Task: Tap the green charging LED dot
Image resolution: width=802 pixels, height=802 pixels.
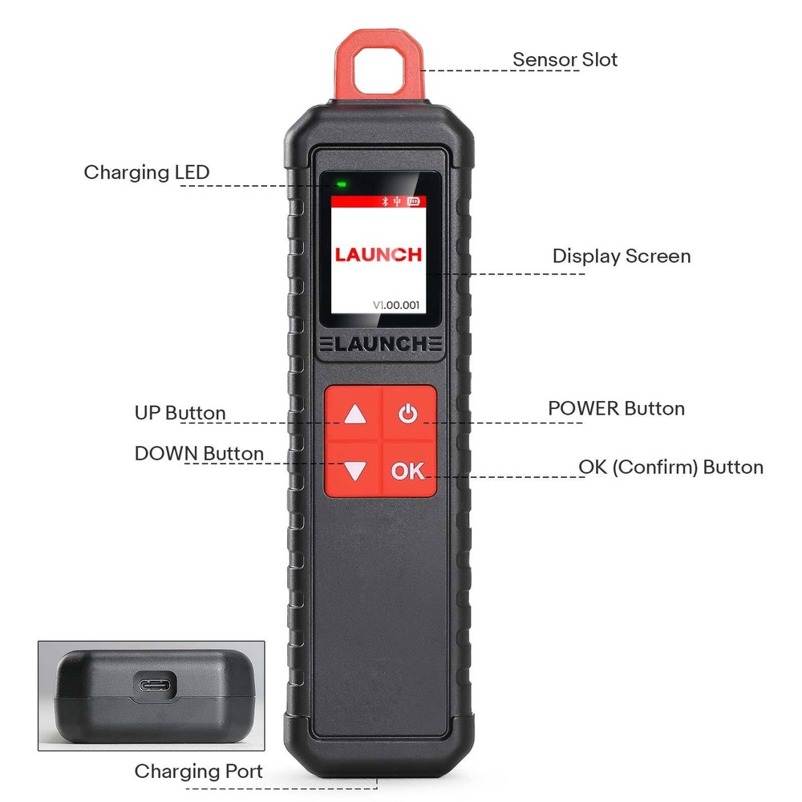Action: click(x=342, y=184)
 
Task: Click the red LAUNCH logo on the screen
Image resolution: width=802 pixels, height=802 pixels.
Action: click(x=378, y=255)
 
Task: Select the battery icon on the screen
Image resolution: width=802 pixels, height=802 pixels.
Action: click(x=413, y=202)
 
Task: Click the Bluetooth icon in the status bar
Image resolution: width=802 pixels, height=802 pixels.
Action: click(x=384, y=202)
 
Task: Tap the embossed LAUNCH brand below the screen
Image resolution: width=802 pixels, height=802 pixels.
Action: click(x=380, y=345)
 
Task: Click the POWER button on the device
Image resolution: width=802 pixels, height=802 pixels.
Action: click(x=409, y=415)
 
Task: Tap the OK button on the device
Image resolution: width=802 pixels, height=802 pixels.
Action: click(x=408, y=471)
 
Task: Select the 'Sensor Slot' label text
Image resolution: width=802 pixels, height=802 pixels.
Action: click(x=565, y=59)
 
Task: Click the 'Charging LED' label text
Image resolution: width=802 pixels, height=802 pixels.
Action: click(x=146, y=172)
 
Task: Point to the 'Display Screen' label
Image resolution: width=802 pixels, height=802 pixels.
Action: click(x=621, y=257)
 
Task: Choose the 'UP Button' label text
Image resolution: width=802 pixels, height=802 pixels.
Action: click(x=180, y=413)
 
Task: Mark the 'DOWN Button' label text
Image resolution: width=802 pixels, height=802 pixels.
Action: click(x=199, y=453)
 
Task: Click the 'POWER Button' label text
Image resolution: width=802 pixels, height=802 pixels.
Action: click(x=616, y=408)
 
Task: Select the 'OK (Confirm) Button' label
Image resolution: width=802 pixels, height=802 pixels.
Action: click(x=670, y=467)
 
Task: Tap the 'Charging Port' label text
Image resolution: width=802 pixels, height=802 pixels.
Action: click(x=198, y=772)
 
